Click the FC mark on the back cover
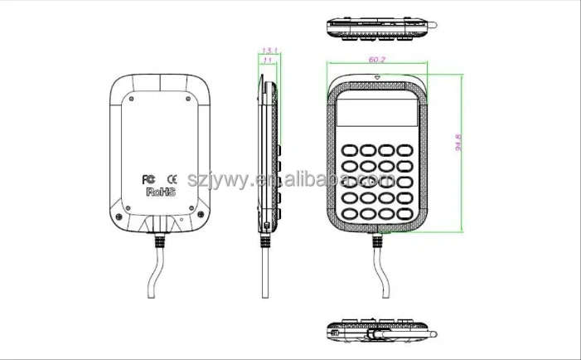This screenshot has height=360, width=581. point(149,178)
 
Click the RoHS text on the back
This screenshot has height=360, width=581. point(159,191)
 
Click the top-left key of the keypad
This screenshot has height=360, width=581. point(348,150)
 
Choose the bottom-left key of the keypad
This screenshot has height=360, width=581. point(348,212)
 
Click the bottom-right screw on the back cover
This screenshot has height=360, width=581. point(201,218)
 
